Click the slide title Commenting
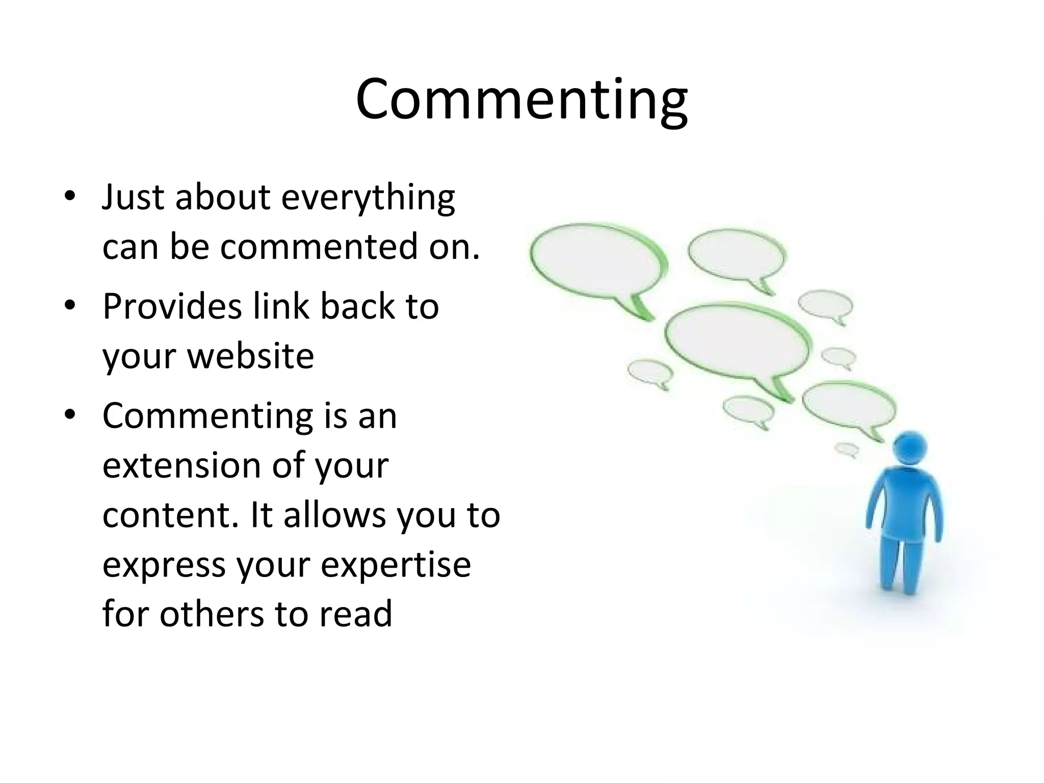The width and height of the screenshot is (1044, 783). pos(521,99)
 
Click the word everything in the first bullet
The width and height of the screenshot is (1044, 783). pos(368,198)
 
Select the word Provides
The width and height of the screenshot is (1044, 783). pos(172,307)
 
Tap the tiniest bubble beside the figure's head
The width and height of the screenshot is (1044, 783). pos(846,449)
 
